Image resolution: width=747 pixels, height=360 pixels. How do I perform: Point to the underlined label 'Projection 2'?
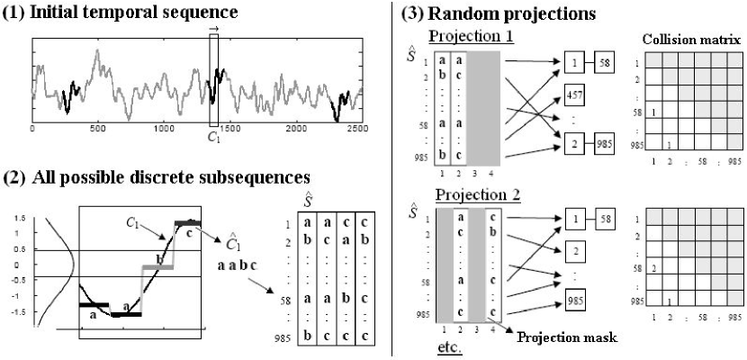[x=470, y=194]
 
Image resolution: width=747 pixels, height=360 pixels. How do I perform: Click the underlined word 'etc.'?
[x=449, y=346]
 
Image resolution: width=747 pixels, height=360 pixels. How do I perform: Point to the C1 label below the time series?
[x=213, y=139]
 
